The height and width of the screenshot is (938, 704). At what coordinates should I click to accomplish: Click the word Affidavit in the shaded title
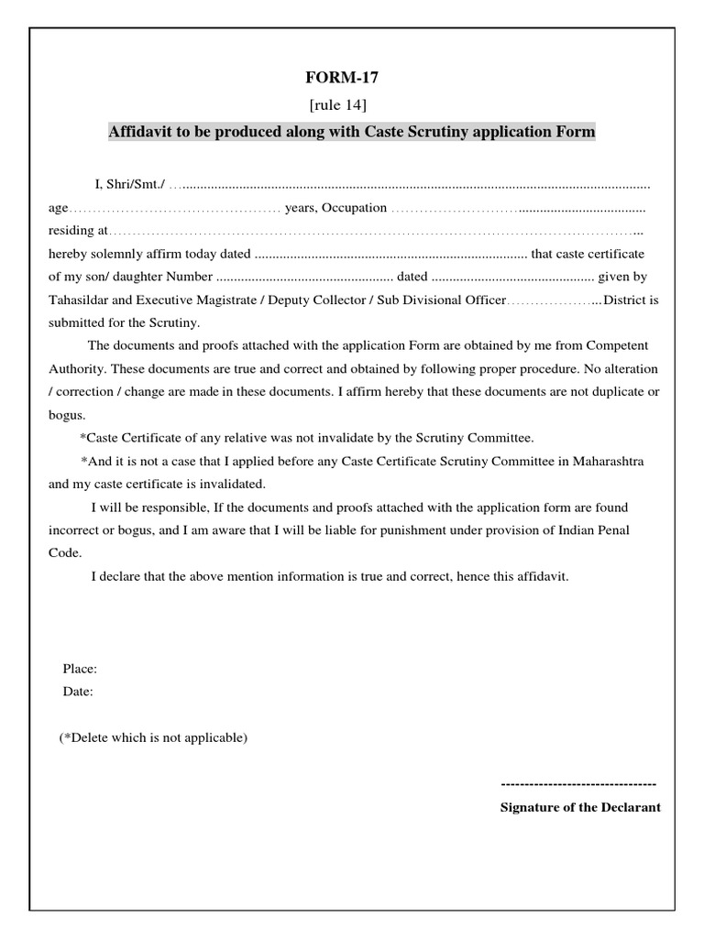(140, 132)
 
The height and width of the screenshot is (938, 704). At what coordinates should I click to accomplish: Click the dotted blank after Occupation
(518, 208)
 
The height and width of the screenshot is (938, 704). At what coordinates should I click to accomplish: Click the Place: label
(80, 669)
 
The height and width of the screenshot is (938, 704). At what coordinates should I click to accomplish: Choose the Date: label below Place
(78, 692)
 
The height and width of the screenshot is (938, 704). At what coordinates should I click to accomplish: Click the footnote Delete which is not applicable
(154, 737)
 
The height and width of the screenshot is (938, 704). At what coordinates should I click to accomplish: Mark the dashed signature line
(578, 785)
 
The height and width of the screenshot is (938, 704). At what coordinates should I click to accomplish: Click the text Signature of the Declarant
(580, 807)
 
